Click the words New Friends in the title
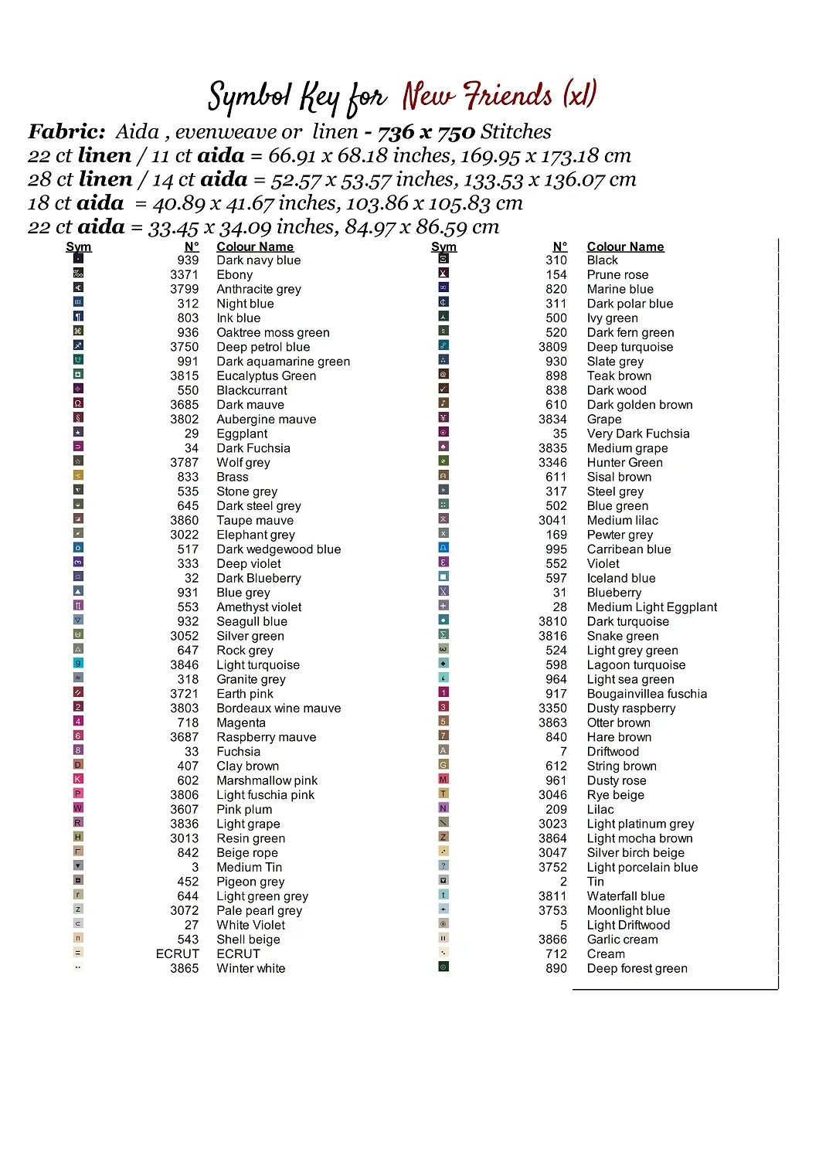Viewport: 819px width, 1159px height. tap(477, 97)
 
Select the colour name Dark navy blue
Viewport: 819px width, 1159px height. tap(258, 260)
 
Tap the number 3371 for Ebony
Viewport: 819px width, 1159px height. tap(184, 275)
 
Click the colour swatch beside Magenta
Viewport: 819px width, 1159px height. tap(78, 722)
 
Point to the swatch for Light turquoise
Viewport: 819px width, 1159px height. tap(78, 664)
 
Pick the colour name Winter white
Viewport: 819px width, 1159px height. tap(250, 969)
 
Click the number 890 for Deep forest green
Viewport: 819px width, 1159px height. tap(556, 969)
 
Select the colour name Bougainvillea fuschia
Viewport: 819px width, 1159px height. tap(647, 694)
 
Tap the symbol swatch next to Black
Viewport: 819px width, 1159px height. tap(443, 259)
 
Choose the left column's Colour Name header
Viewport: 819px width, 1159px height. tap(255, 247)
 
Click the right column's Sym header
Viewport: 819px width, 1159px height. tap(443, 247)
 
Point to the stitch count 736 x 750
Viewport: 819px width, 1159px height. tap(426, 132)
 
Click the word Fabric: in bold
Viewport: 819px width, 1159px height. tap(66, 132)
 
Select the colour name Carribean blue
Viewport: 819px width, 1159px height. tap(628, 549)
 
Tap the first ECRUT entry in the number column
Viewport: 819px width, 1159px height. tap(177, 954)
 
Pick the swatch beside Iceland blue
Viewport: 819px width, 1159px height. tap(443, 576)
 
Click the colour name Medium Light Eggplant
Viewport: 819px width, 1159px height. tap(651, 607)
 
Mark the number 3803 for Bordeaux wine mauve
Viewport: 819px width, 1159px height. tap(184, 709)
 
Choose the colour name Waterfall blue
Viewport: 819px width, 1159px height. tap(625, 896)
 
